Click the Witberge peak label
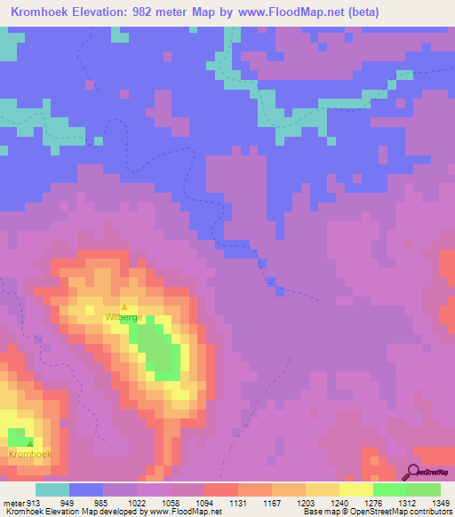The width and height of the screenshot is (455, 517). tap(124, 317)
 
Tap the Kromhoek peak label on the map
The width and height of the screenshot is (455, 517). tap(29, 454)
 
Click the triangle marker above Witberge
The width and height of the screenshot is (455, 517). tap(124, 307)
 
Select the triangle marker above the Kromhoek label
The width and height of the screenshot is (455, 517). tap(29, 442)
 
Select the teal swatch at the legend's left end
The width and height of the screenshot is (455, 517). tap(52, 489)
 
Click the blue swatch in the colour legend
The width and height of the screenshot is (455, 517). tap(86, 489)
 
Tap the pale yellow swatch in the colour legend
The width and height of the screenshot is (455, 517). tap(323, 489)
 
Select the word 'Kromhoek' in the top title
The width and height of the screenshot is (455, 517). tap(43, 12)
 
